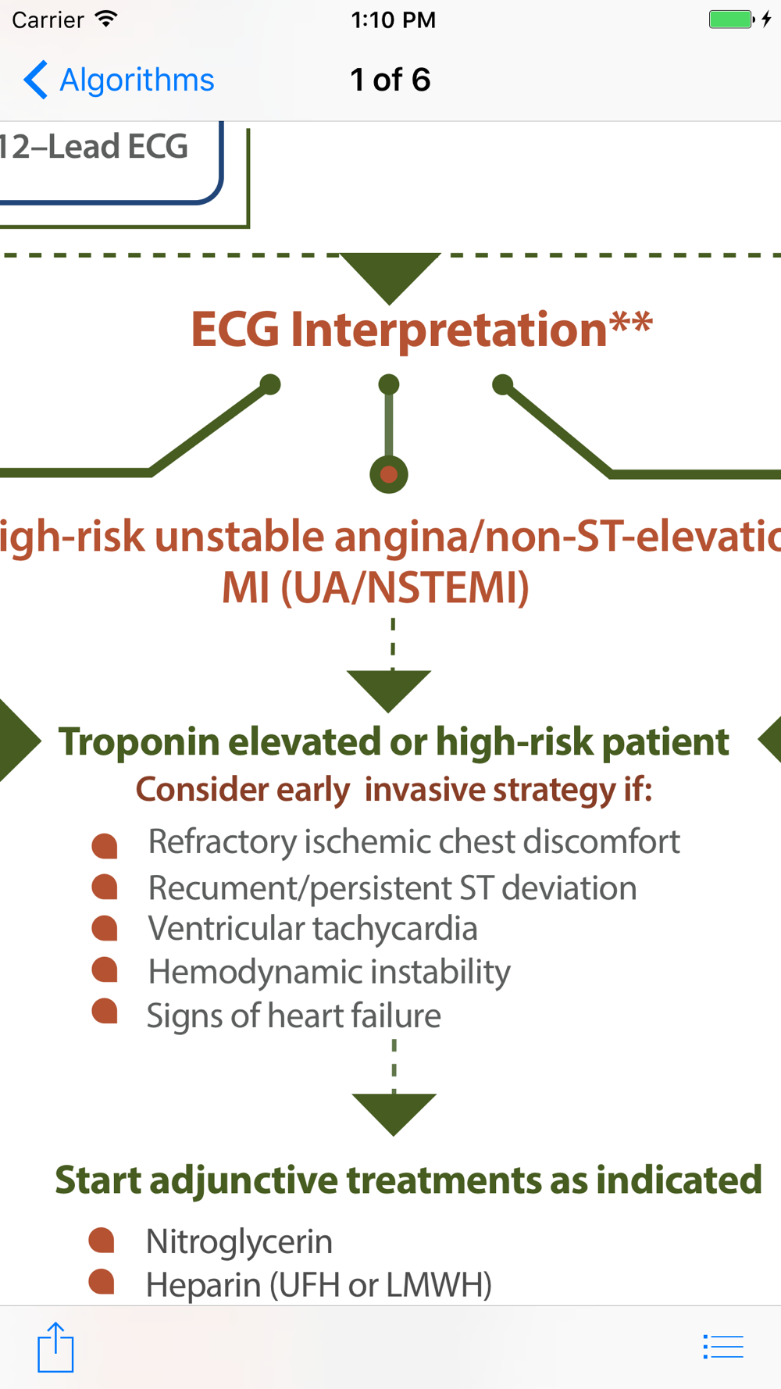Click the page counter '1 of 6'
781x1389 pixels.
coord(390,80)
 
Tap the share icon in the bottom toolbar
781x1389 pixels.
coord(55,1347)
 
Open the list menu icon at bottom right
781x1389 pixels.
coord(723,1347)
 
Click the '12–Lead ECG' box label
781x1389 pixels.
coord(94,147)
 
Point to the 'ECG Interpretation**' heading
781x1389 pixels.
coord(422,329)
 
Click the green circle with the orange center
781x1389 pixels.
coord(389,474)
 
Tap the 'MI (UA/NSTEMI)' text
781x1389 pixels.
coord(376,587)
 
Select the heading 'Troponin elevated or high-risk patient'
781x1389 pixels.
coord(394,741)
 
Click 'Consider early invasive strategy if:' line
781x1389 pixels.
coord(394,789)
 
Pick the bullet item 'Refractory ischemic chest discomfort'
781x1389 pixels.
coord(414,841)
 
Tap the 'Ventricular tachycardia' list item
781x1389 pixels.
coord(312,928)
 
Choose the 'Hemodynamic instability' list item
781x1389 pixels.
coord(329,972)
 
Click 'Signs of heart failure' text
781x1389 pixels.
coord(294,1016)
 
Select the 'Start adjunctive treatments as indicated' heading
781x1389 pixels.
coord(408,1180)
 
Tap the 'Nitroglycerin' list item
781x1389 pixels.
coord(239,1241)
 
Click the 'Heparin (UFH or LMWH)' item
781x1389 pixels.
coord(319,1285)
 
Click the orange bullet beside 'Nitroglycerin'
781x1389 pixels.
coord(102,1240)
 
